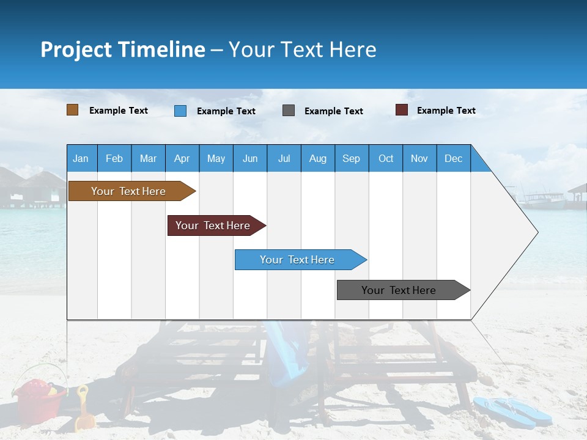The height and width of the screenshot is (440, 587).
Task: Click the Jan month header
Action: click(81, 158)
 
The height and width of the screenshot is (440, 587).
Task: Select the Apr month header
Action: click(182, 158)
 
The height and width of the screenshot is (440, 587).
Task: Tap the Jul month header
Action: click(284, 158)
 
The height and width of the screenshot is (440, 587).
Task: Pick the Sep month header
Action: click(351, 158)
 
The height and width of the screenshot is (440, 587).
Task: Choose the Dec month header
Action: click(453, 158)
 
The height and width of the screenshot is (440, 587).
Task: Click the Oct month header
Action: click(385, 158)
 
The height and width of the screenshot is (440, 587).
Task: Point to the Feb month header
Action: click(114, 158)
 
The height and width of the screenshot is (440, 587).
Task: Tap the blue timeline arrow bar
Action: click(298, 260)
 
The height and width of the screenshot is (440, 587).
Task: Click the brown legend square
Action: click(72, 110)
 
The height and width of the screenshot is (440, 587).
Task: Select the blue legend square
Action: click(180, 111)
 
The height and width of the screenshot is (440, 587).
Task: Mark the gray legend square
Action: click(289, 111)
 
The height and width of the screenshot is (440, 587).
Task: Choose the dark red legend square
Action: click(401, 110)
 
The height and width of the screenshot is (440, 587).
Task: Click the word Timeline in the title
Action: click(161, 50)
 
